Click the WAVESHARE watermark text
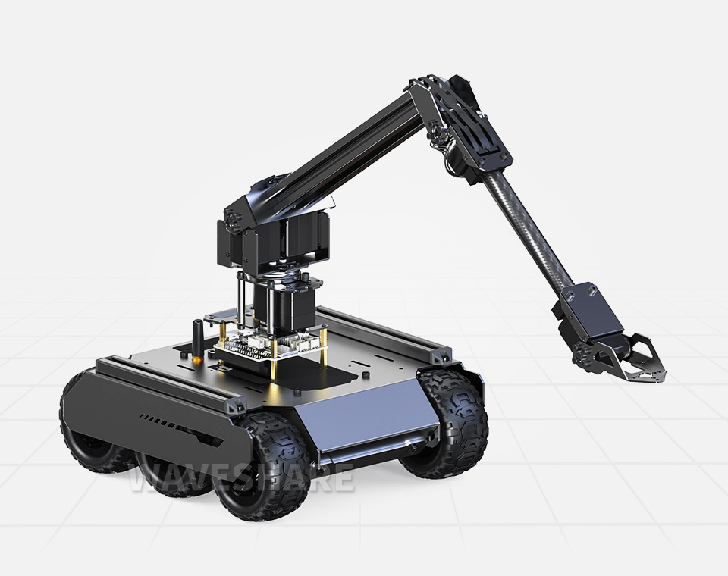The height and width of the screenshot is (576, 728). [241, 478]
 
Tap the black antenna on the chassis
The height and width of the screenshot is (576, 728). [197, 337]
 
